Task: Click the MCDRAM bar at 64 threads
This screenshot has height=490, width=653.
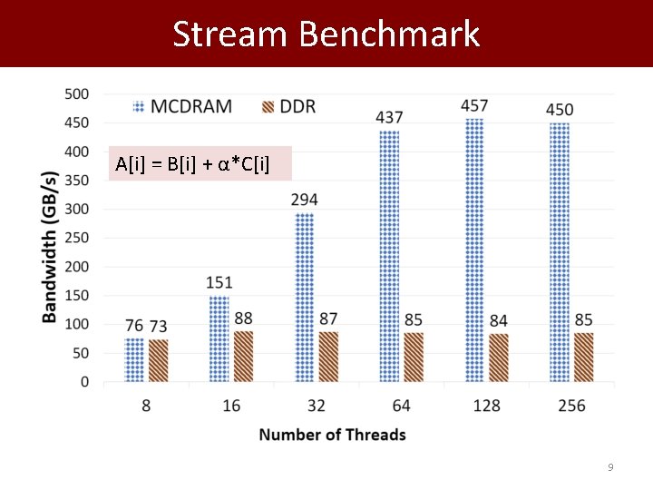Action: point(389,256)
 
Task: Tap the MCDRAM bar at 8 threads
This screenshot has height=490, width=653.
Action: point(134,360)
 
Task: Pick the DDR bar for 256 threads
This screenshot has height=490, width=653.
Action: point(583,358)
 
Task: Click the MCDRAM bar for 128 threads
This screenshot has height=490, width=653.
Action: point(474,250)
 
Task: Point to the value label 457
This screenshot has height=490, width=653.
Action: point(474,106)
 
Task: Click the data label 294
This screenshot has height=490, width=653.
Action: point(305,200)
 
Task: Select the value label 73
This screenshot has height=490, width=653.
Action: point(158,327)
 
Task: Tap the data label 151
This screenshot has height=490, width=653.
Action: point(219,283)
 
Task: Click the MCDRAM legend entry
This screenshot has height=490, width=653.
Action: point(181,106)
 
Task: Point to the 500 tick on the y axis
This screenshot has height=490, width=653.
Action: point(77,93)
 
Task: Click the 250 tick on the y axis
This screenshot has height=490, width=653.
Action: point(77,238)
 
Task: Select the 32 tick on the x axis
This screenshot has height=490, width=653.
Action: point(317,406)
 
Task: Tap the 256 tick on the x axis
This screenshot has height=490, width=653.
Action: point(571,406)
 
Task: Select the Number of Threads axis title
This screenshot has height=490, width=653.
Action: point(332,435)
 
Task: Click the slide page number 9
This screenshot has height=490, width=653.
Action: point(610,467)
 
